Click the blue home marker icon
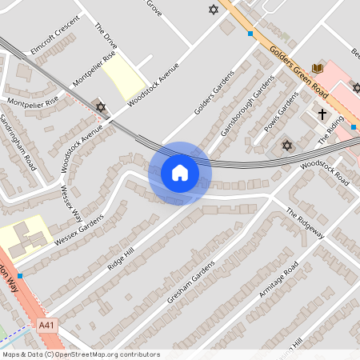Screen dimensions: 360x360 tap(180, 172)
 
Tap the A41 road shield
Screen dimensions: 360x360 tap(47, 325)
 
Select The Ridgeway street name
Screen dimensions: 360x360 tap(305, 223)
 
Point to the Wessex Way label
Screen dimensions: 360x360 tap(72, 204)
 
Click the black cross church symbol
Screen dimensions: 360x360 tap(323, 114)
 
